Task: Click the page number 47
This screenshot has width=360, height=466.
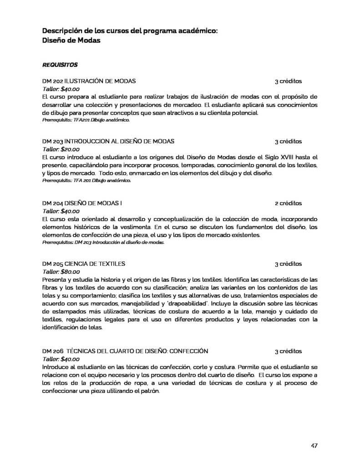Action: (314, 445)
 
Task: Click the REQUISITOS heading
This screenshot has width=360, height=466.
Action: (60, 65)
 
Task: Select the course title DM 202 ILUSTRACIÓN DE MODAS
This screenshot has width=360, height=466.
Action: (89, 81)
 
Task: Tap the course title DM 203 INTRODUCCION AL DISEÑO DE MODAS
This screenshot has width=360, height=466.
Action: (108, 141)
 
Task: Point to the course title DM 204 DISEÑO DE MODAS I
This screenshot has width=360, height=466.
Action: (82, 203)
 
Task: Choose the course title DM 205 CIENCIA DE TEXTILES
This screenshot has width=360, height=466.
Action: (84, 263)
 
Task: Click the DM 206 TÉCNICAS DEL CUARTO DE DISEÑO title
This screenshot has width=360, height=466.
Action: (125, 351)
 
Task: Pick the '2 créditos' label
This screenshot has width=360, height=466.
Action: (288, 203)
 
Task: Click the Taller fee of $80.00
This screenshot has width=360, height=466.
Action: (61, 271)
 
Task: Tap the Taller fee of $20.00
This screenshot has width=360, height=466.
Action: (61, 149)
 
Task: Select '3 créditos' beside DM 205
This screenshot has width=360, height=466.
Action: (288, 263)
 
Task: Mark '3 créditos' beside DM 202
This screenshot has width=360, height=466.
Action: (288, 81)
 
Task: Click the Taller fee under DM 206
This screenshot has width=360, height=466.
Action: (61, 359)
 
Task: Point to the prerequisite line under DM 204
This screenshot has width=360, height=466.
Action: (103, 243)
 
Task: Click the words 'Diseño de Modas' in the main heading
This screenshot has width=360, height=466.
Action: (71, 41)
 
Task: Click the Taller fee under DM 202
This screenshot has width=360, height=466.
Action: (61, 89)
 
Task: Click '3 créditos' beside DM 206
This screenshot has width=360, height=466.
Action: (288, 351)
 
